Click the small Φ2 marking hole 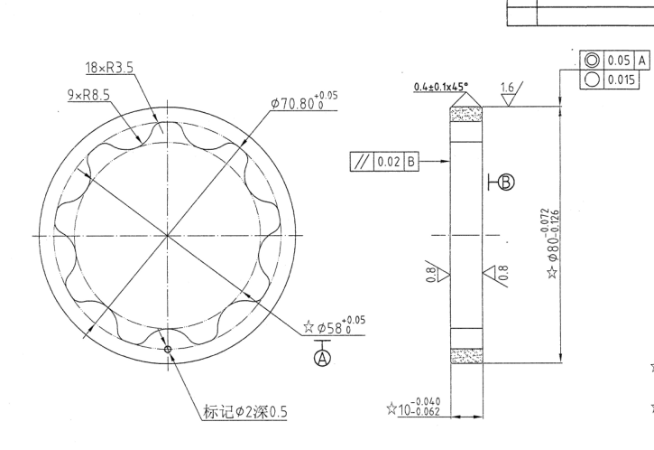(168, 348)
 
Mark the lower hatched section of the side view (467, 354)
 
